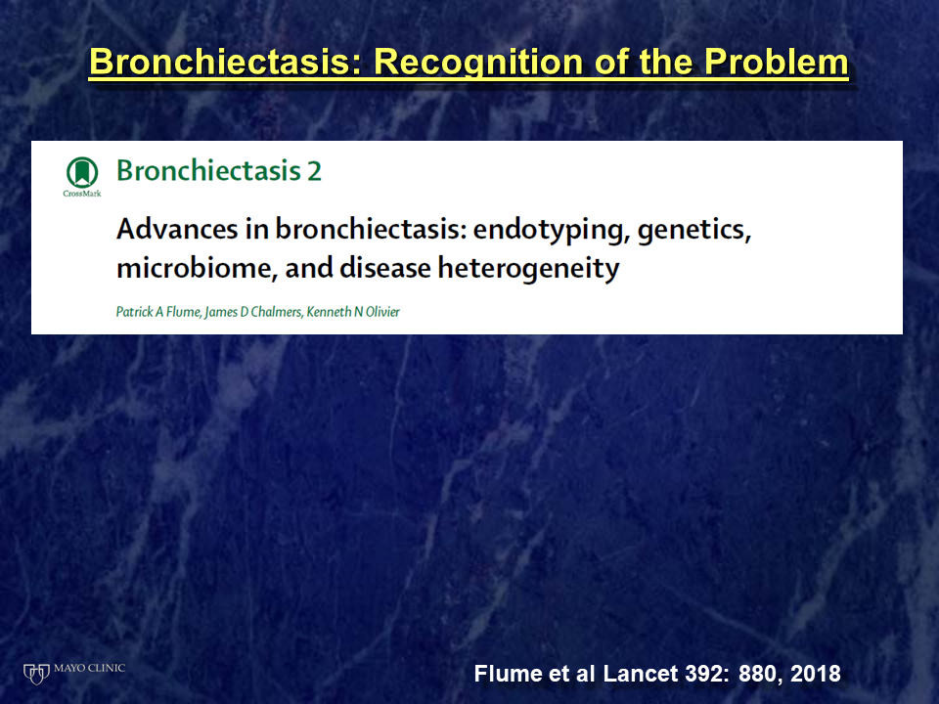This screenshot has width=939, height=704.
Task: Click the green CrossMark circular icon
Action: (82, 172)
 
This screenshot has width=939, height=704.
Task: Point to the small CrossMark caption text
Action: (82, 194)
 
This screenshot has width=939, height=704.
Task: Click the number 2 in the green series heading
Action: (314, 171)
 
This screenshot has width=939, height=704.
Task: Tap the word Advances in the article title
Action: (177, 229)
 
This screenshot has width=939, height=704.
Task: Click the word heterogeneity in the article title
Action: (529, 269)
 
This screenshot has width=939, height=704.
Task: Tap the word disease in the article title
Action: (385, 268)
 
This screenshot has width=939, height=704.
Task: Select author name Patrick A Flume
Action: (158, 312)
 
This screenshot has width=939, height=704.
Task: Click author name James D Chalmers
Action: (252, 313)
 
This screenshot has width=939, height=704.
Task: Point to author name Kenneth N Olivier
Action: (353, 312)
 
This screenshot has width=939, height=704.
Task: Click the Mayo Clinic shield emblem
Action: (36, 674)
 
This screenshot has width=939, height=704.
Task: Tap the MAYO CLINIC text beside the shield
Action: (89, 668)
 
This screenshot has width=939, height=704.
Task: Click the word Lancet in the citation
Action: (640, 674)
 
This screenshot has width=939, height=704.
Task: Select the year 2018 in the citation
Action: (815, 674)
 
